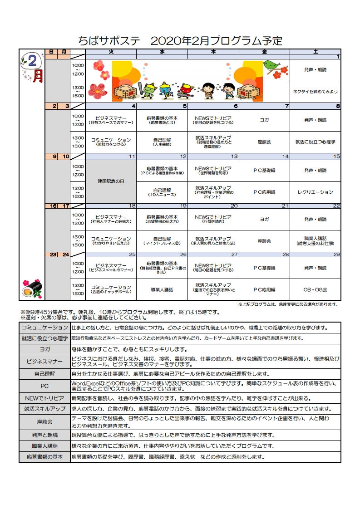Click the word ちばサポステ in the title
(109, 41)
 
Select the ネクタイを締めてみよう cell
(315, 91)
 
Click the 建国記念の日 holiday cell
(111, 181)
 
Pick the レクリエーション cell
(315, 192)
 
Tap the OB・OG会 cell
(315, 289)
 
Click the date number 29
(336, 255)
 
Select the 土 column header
(315, 51)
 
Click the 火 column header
(111, 51)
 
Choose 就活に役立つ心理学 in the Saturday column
(315, 142)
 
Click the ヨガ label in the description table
(44, 349)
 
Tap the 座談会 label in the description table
(44, 421)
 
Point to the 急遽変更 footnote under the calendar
(287, 304)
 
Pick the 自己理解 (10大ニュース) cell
(162, 192)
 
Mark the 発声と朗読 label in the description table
(44, 435)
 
